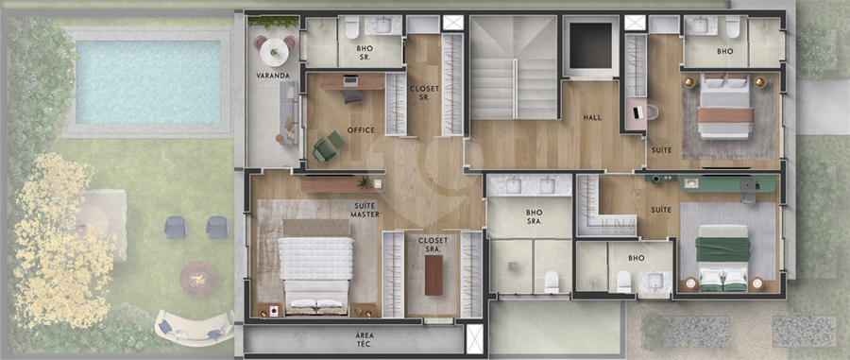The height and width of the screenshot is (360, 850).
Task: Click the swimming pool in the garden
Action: [x=148, y=82]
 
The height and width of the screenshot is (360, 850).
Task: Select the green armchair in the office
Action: [x=328, y=146]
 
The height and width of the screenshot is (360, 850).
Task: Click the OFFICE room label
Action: [x=361, y=130]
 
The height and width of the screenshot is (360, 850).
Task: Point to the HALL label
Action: [x=592, y=117]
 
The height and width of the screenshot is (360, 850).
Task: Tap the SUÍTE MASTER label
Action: [x=365, y=210]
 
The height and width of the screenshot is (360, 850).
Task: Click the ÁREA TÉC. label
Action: [x=365, y=339]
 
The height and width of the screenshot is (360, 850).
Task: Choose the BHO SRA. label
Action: [x=534, y=216]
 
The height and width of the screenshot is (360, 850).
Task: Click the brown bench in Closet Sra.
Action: [x=433, y=275]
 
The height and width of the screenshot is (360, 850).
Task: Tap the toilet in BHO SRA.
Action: [x=552, y=282]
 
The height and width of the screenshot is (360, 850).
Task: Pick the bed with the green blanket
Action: [x=722, y=258]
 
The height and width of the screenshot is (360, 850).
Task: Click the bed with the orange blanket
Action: [x=725, y=107]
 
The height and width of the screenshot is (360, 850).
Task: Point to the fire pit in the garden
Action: [x=198, y=279]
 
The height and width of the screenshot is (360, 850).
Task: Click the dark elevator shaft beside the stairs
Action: [x=591, y=45]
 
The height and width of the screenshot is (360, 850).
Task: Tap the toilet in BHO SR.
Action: [x=352, y=27]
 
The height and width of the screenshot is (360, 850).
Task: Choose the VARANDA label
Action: [x=273, y=76]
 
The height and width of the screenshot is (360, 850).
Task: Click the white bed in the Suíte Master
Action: [x=316, y=266]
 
